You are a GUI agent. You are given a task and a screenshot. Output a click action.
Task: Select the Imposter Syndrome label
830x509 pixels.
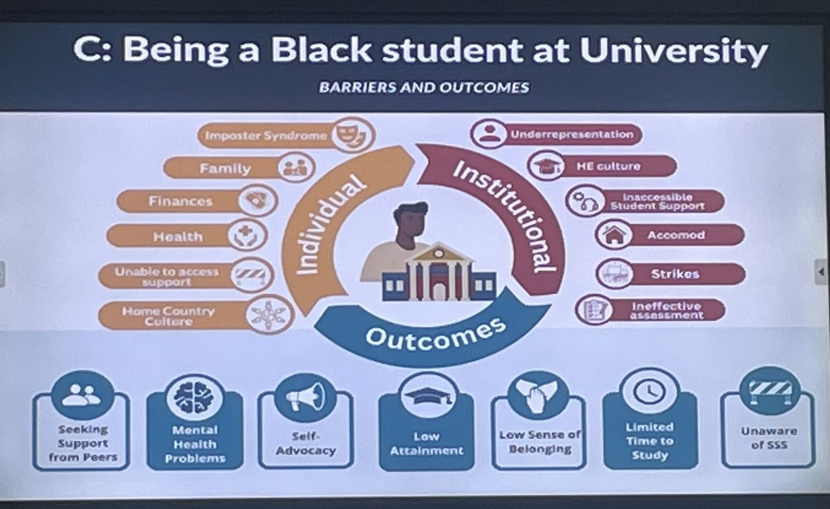tap(266, 136)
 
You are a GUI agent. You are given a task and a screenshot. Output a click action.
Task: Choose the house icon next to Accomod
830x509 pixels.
tap(613, 234)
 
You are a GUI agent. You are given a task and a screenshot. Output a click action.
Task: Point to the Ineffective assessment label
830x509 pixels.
tap(666, 310)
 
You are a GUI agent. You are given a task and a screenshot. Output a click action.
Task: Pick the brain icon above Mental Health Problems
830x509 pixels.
tap(194, 396)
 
